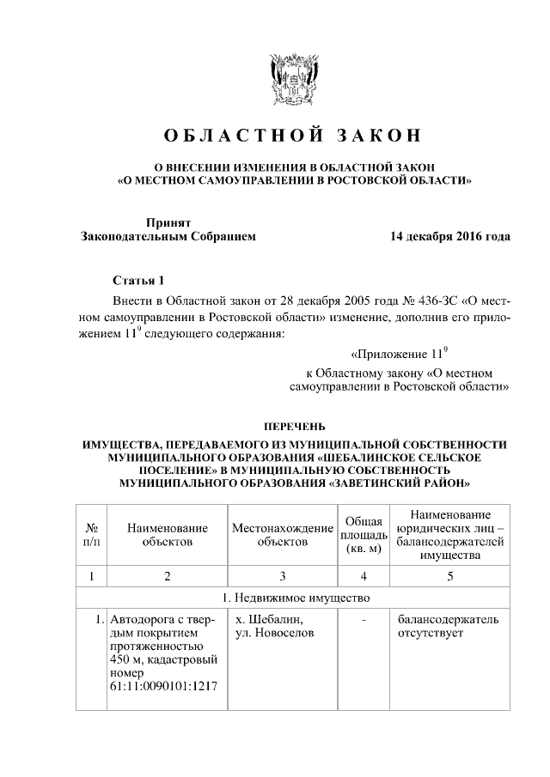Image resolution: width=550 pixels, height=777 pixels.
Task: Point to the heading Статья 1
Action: point(137,281)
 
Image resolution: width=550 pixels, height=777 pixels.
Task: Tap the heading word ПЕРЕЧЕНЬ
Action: point(294,427)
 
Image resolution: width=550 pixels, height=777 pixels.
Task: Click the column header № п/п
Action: point(90,535)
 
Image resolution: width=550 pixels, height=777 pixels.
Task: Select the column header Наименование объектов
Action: point(168,535)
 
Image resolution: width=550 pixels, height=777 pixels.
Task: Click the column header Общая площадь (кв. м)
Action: point(364,535)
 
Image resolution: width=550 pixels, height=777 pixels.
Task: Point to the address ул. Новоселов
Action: point(275,634)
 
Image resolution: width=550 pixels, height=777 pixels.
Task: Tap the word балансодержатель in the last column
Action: point(447,619)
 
